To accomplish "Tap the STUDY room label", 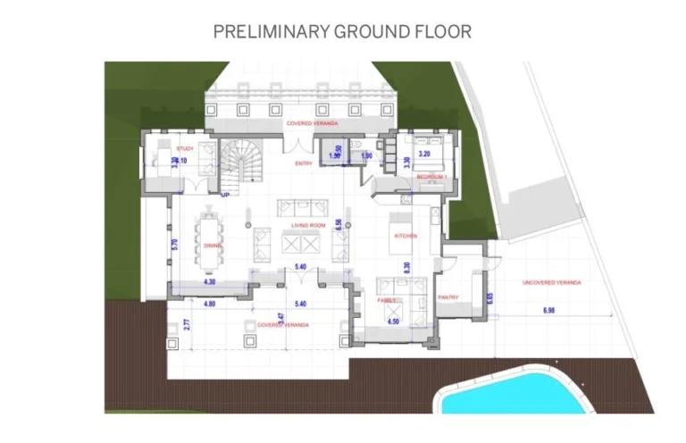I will coord(185,148).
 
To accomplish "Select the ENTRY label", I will coord(302,163).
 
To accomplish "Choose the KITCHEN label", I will coord(406,235).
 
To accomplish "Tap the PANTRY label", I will coord(448,297).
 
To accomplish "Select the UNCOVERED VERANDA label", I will coord(553,282).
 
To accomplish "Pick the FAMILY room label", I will coord(386,301).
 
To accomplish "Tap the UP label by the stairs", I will coord(224,192).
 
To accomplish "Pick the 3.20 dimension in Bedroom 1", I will coord(425,154).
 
